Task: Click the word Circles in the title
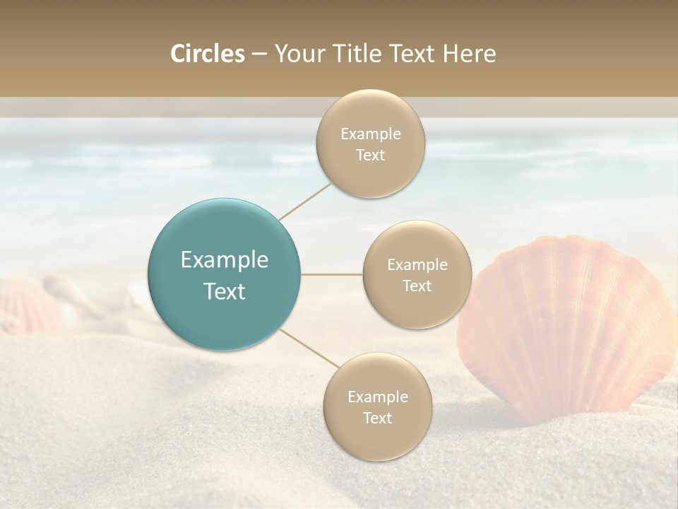click(208, 54)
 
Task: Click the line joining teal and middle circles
click(331, 274)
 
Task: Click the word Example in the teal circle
click(225, 260)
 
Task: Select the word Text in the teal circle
click(225, 291)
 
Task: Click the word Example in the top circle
click(371, 134)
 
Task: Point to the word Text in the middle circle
click(417, 286)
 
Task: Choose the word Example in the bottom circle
click(378, 397)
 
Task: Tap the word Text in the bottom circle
click(377, 418)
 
